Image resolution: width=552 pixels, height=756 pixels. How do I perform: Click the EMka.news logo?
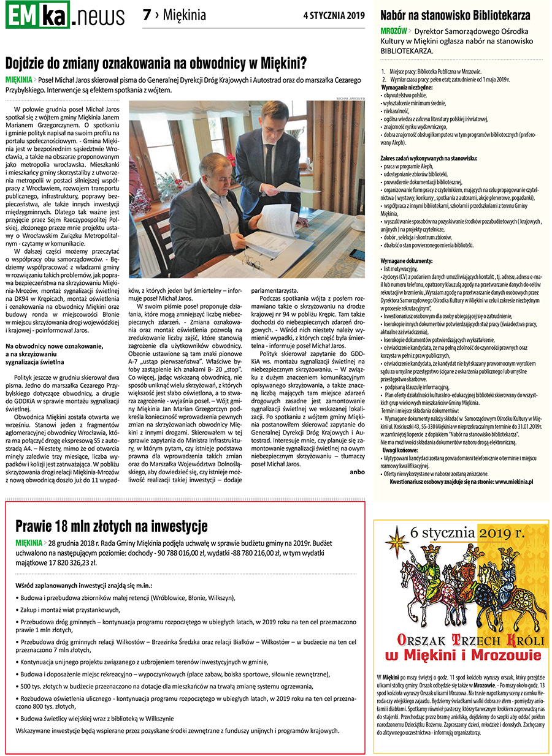point(64,15)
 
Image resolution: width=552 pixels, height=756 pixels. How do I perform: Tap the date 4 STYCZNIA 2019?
point(334,16)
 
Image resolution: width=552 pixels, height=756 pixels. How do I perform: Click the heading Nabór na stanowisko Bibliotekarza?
point(455,16)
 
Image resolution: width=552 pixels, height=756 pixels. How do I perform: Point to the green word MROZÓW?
point(393,30)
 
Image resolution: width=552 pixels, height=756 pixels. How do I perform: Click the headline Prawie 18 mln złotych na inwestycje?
point(112,526)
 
